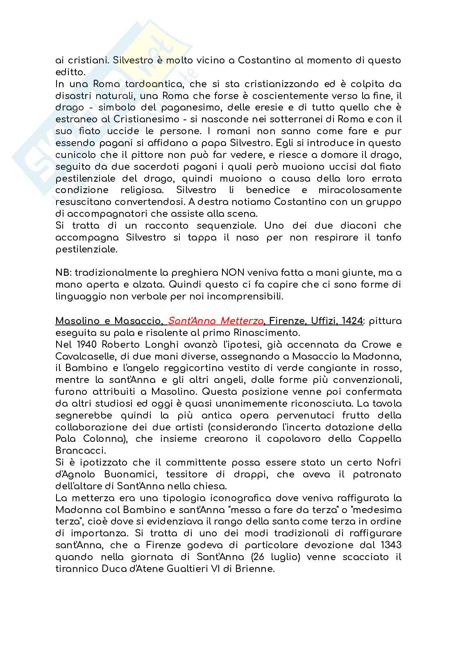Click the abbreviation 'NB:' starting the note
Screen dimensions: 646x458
coord(63,273)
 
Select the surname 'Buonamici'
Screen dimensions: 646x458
coord(136,475)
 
